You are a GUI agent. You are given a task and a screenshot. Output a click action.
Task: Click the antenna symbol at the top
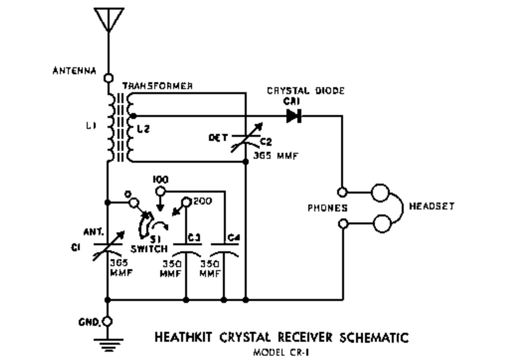(x=109, y=19)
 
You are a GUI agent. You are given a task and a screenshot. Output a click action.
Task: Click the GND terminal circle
(x=108, y=321)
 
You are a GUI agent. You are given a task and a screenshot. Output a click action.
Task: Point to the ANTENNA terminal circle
(x=109, y=78)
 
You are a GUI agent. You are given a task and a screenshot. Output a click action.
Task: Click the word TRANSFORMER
(x=158, y=86)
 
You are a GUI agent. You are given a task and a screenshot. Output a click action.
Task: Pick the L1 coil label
(x=91, y=126)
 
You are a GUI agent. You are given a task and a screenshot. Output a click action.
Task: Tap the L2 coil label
(x=144, y=129)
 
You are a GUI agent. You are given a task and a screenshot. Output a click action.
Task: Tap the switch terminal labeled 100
(x=160, y=192)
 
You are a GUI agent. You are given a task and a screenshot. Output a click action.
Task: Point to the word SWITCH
(x=149, y=249)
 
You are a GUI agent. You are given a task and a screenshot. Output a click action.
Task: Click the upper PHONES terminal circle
(x=343, y=192)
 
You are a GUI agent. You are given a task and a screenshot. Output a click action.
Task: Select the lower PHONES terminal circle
(x=343, y=224)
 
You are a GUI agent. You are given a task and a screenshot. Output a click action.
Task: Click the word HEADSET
(x=431, y=206)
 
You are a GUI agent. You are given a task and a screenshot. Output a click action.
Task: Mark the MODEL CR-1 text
(x=281, y=353)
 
